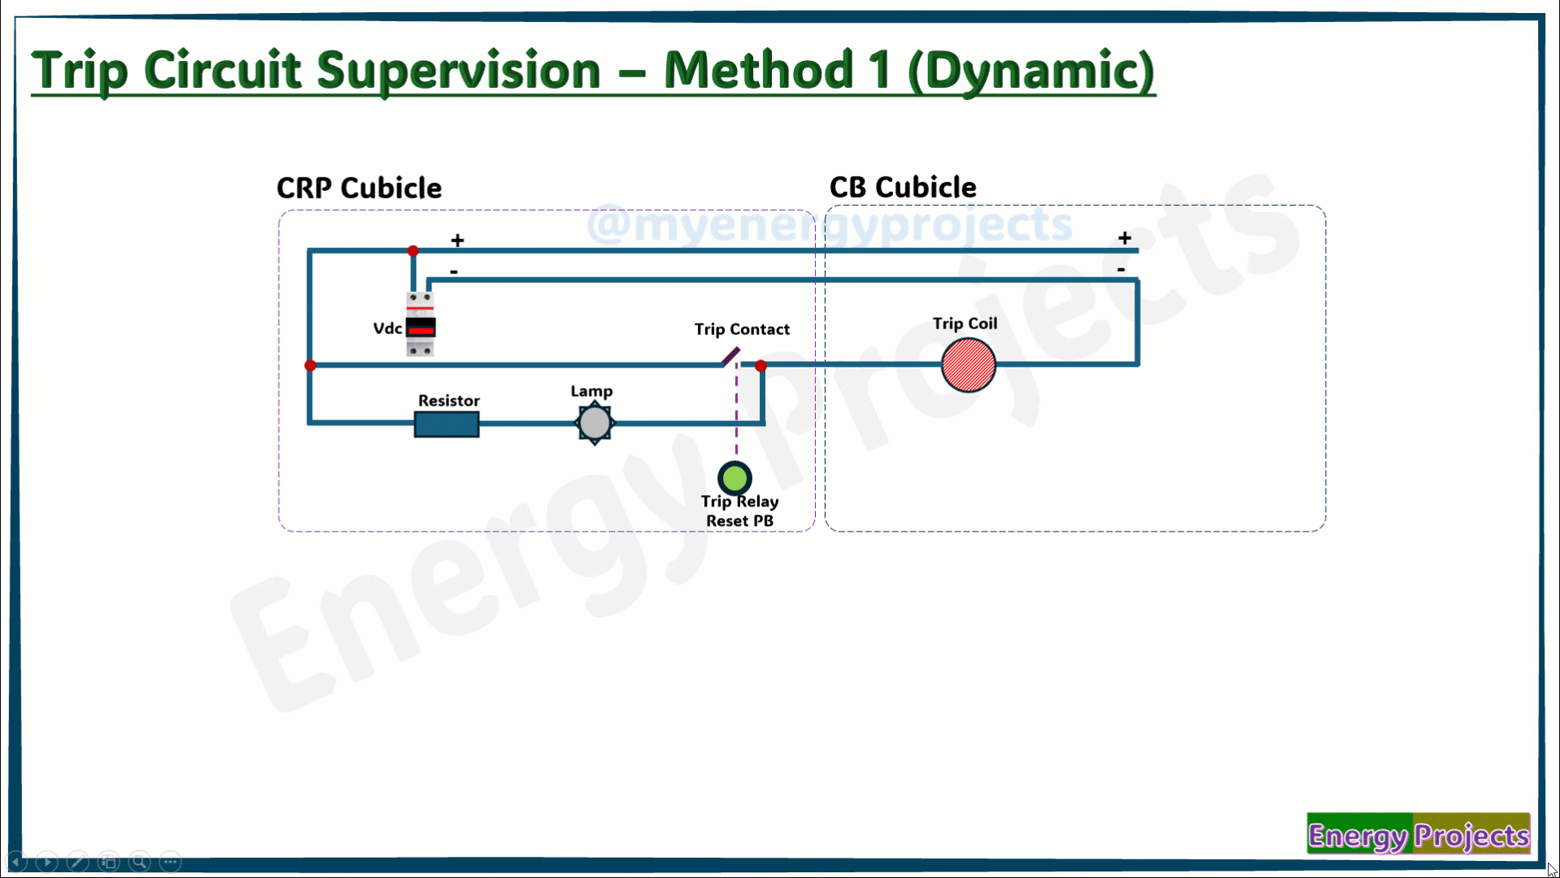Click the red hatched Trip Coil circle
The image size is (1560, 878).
click(x=968, y=365)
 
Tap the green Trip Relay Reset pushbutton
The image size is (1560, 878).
click(x=734, y=478)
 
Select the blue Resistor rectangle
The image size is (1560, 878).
click(x=447, y=424)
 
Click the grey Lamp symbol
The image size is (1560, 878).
click(x=595, y=423)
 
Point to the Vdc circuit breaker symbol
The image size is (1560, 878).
click(x=421, y=324)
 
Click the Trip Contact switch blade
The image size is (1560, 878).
click(x=730, y=357)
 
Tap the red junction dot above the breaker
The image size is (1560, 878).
click(x=413, y=250)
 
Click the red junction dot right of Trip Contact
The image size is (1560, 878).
click(x=760, y=366)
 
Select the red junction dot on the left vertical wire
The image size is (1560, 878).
click(x=310, y=366)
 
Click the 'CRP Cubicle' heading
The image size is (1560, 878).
click(x=359, y=188)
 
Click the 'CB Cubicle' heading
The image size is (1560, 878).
click(x=903, y=187)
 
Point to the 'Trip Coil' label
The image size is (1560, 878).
click(x=965, y=324)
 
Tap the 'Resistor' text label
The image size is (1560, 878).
click(x=449, y=401)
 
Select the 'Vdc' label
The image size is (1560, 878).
click(x=387, y=328)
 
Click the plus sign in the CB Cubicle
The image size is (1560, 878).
click(x=1124, y=238)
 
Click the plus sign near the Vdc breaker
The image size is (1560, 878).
click(x=458, y=241)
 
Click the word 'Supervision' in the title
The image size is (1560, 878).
click(x=459, y=72)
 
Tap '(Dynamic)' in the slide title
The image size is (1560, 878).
click(x=1031, y=72)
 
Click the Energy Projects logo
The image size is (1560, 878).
click(x=1418, y=833)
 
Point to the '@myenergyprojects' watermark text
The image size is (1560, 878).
click(x=830, y=224)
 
